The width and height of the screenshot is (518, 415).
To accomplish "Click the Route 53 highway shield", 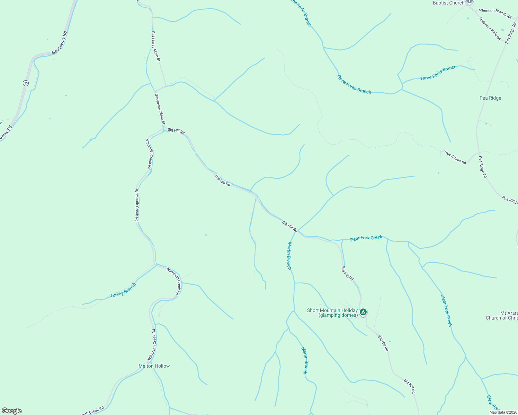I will [x=26, y=83].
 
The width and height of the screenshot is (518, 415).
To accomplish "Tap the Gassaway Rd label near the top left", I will [x=59, y=43].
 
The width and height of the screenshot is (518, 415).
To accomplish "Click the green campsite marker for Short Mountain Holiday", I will [x=363, y=312].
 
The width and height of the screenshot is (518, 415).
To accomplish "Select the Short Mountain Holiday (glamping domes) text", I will [x=332, y=313].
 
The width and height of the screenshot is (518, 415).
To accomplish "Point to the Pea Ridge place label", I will [x=490, y=98].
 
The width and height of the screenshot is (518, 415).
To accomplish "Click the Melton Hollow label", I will [x=154, y=366].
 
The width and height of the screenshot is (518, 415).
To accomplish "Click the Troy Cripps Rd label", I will [x=455, y=157].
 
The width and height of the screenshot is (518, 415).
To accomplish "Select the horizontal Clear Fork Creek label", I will [x=366, y=238].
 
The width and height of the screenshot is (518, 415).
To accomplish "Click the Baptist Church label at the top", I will [x=448, y=3].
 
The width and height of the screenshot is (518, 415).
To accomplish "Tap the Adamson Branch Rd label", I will [x=495, y=13].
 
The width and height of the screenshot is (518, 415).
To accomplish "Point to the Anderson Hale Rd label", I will [x=490, y=29].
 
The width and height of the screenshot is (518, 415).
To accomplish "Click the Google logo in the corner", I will [x=11, y=411].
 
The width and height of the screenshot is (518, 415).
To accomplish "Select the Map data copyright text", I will [x=502, y=412].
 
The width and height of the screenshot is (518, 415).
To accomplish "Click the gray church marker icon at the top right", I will [x=469, y=1].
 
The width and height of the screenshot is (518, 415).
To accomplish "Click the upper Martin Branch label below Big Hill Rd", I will [x=289, y=256].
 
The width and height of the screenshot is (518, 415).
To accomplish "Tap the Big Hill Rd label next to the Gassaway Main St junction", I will [x=176, y=131].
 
